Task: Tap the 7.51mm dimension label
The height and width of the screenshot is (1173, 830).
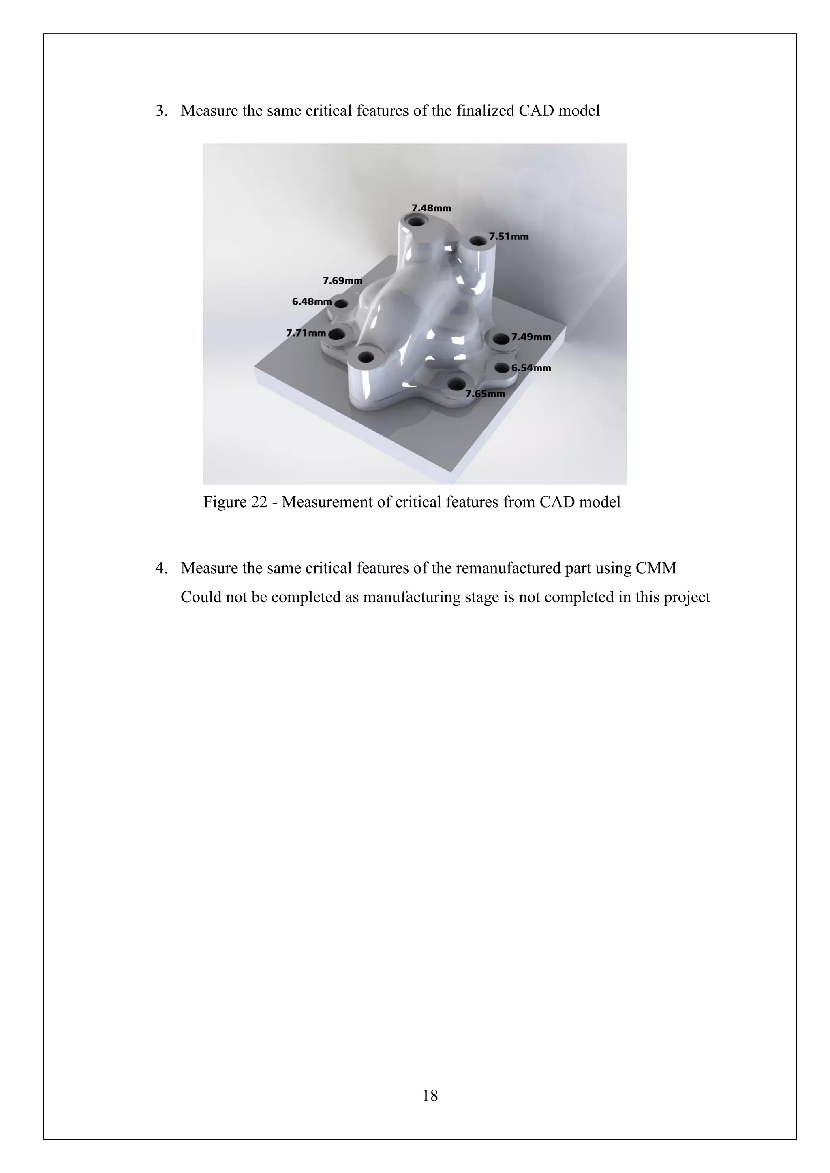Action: point(509,237)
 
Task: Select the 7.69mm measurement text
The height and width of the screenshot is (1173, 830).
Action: point(342,280)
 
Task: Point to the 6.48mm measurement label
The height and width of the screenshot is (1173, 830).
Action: point(312,301)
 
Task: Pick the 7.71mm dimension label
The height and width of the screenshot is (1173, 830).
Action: point(306,333)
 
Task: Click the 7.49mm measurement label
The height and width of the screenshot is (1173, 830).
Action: point(531,337)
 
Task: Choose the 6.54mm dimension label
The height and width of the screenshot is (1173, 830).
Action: point(531,368)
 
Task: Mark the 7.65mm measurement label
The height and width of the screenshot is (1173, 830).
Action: point(485,394)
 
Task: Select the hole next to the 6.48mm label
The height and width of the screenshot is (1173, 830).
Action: point(341,304)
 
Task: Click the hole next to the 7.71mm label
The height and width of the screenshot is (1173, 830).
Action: point(336,335)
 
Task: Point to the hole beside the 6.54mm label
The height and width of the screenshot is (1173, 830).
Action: point(502,367)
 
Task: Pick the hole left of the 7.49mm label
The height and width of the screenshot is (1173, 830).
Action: point(501,338)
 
